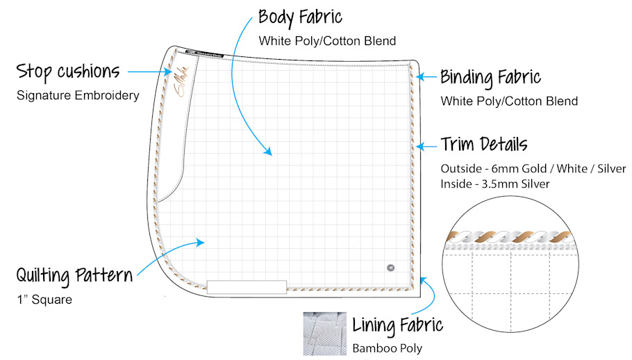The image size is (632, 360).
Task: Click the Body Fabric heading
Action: [300, 17]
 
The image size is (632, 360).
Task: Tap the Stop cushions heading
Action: [68, 71]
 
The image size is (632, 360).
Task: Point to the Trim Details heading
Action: [484, 145]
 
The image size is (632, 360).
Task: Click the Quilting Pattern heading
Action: [74, 275]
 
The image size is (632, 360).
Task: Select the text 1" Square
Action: [44, 300]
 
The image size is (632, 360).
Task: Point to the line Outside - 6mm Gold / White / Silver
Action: [533, 169]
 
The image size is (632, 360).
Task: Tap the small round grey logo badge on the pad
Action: [390, 267]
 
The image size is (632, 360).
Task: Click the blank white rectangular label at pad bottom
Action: [247, 286]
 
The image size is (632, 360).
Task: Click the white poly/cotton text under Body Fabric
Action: [327, 41]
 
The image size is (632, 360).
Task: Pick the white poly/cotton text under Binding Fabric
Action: [509, 101]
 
